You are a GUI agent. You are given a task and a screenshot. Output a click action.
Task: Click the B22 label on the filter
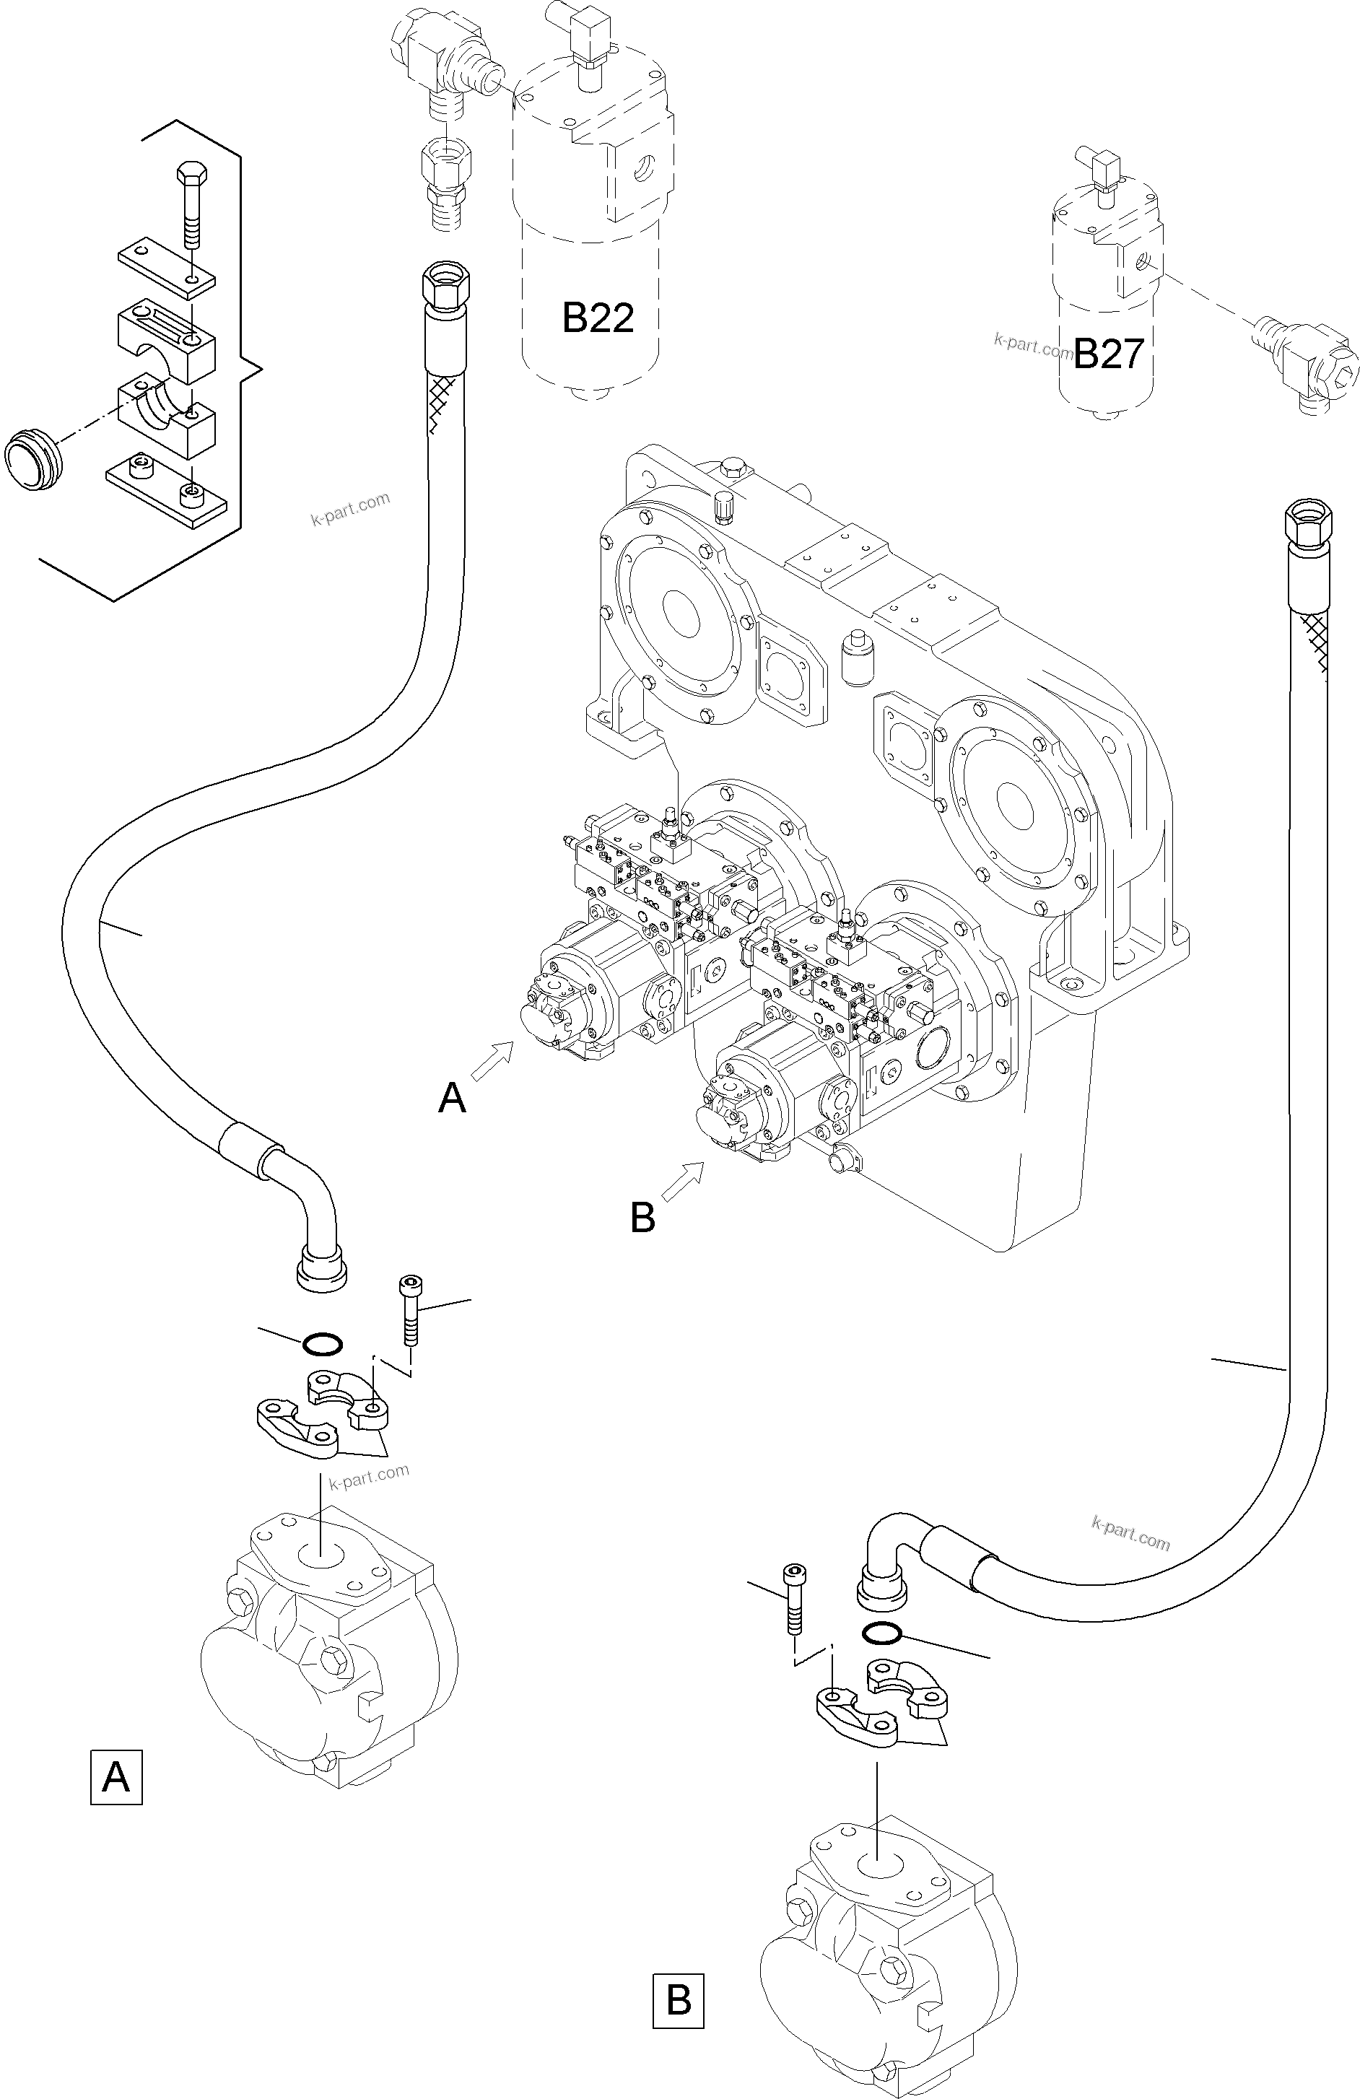coord(598,318)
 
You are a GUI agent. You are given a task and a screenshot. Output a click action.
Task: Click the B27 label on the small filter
coord(1109,354)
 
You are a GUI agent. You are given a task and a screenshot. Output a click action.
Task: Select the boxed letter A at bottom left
coord(115,1777)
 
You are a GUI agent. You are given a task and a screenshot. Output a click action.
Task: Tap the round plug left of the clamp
coord(33,458)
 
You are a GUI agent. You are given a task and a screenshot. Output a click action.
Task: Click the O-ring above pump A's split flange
coord(322,1344)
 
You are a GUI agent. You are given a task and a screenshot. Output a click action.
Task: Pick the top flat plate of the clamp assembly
coord(167,266)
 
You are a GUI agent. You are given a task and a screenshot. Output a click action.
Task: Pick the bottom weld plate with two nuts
coord(166,492)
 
